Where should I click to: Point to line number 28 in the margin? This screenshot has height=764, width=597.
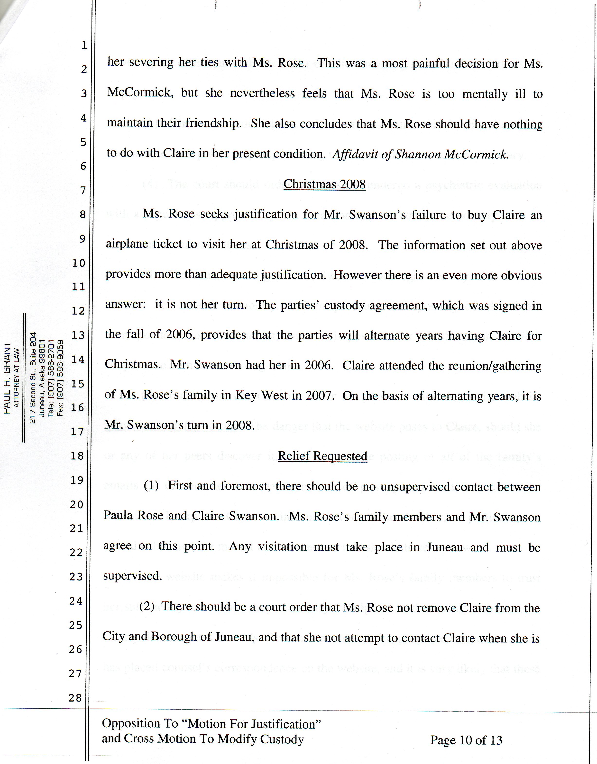[75, 698]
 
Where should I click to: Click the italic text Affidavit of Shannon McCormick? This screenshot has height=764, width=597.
[420, 154]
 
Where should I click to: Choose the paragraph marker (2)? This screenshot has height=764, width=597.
[147, 606]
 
